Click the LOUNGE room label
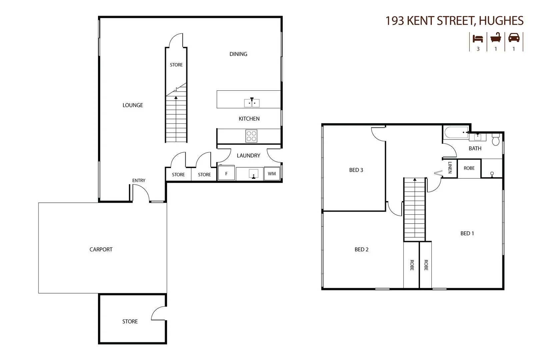click(x=133, y=105)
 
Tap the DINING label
click(x=238, y=54)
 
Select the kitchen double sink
click(x=252, y=103)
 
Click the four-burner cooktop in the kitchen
click(x=251, y=136)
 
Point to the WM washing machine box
click(x=272, y=174)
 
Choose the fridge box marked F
click(x=226, y=174)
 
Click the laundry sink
click(x=254, y=174)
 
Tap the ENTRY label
click(x=139, y=180)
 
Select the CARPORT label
click(x=101, y=249)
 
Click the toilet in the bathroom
click(x=495, y=139)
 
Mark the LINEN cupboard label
click(x=450, y=167)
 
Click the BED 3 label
click(x=356, y=170)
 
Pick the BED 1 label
click(x=467, y=233)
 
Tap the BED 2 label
click(x=361, y=249)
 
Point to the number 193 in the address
click(x=395, y=21)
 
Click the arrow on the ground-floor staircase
click(x=176, y=98)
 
